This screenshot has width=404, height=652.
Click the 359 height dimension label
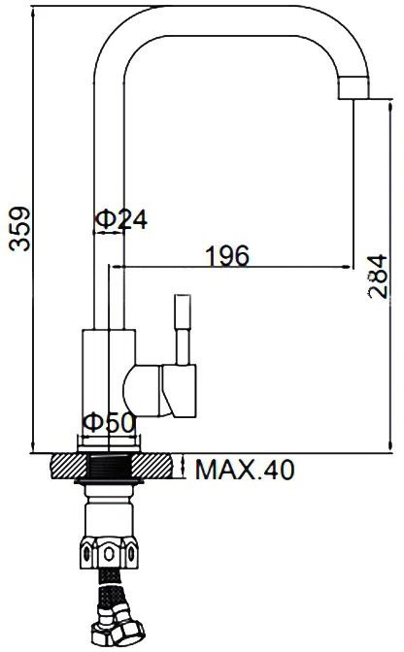point(20,229)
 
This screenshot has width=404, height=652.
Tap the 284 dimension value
point(378,277)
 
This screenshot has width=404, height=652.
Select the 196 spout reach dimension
point(227,256)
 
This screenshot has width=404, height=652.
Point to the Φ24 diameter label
point(121,219)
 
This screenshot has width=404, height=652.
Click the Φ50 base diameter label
point(110,423)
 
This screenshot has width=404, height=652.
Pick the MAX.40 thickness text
point(245,470)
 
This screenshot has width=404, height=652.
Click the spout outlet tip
point(353,88)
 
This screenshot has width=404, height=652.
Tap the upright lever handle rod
point(184,330)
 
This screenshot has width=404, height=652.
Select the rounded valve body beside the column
point(143,391)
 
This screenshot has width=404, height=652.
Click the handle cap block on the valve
point(179,391)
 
